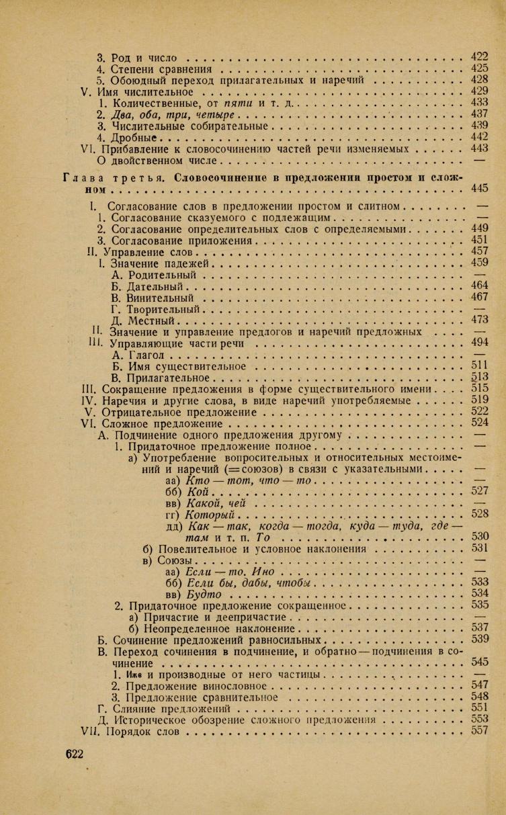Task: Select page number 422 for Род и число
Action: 479,56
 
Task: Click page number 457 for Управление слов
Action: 479,251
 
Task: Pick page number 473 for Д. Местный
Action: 479,320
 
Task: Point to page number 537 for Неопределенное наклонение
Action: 479,628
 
